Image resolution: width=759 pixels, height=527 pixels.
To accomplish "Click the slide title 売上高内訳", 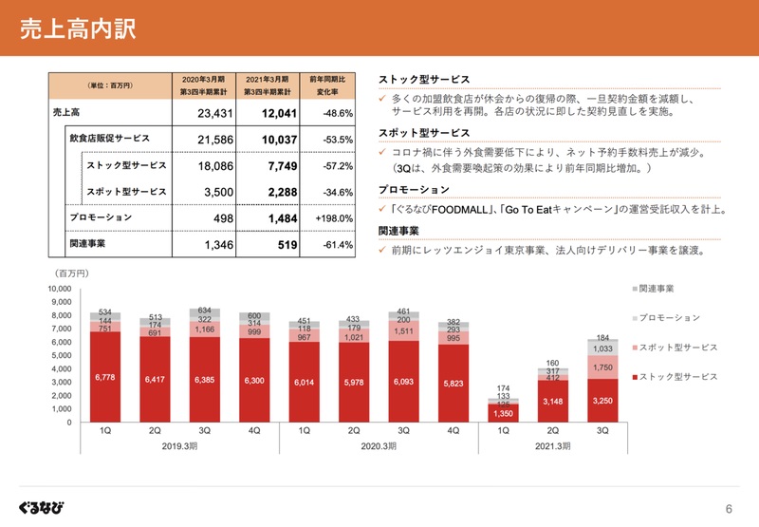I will (78, 28).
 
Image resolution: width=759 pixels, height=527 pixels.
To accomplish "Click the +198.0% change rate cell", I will (332, 218).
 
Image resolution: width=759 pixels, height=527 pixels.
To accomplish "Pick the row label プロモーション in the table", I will (102, 217).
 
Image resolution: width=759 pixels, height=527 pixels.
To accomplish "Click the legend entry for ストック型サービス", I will (677, 377).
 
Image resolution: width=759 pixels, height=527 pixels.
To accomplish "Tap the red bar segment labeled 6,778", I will (105, 377).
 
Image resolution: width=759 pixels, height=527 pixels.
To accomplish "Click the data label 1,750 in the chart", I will (602, 367).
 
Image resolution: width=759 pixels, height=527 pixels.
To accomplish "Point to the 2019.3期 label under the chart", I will (180, 445).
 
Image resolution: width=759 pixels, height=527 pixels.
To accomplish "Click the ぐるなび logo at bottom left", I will (41, 503).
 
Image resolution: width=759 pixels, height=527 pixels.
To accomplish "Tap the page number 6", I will (729, 507).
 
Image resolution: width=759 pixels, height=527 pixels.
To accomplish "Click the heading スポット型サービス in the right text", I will (424, 133).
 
